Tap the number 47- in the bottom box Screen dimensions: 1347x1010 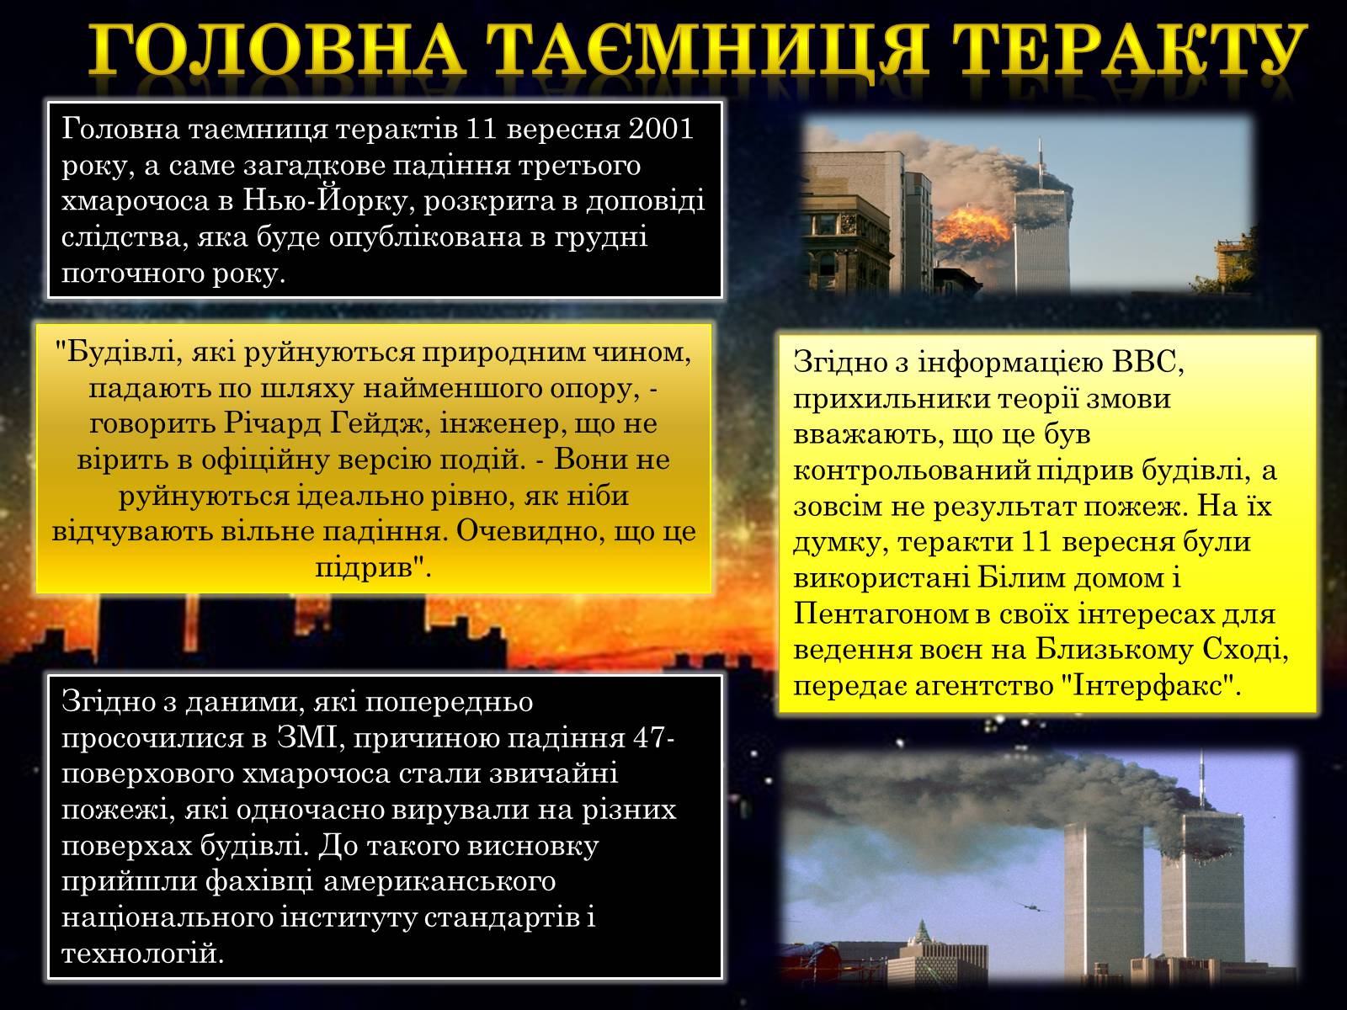[x=654, y=738]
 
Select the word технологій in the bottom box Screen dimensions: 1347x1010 [x=142, y=954]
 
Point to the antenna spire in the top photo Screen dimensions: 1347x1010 [x=1041, y=162]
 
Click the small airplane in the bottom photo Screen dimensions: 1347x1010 [x=1031, y=906]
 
